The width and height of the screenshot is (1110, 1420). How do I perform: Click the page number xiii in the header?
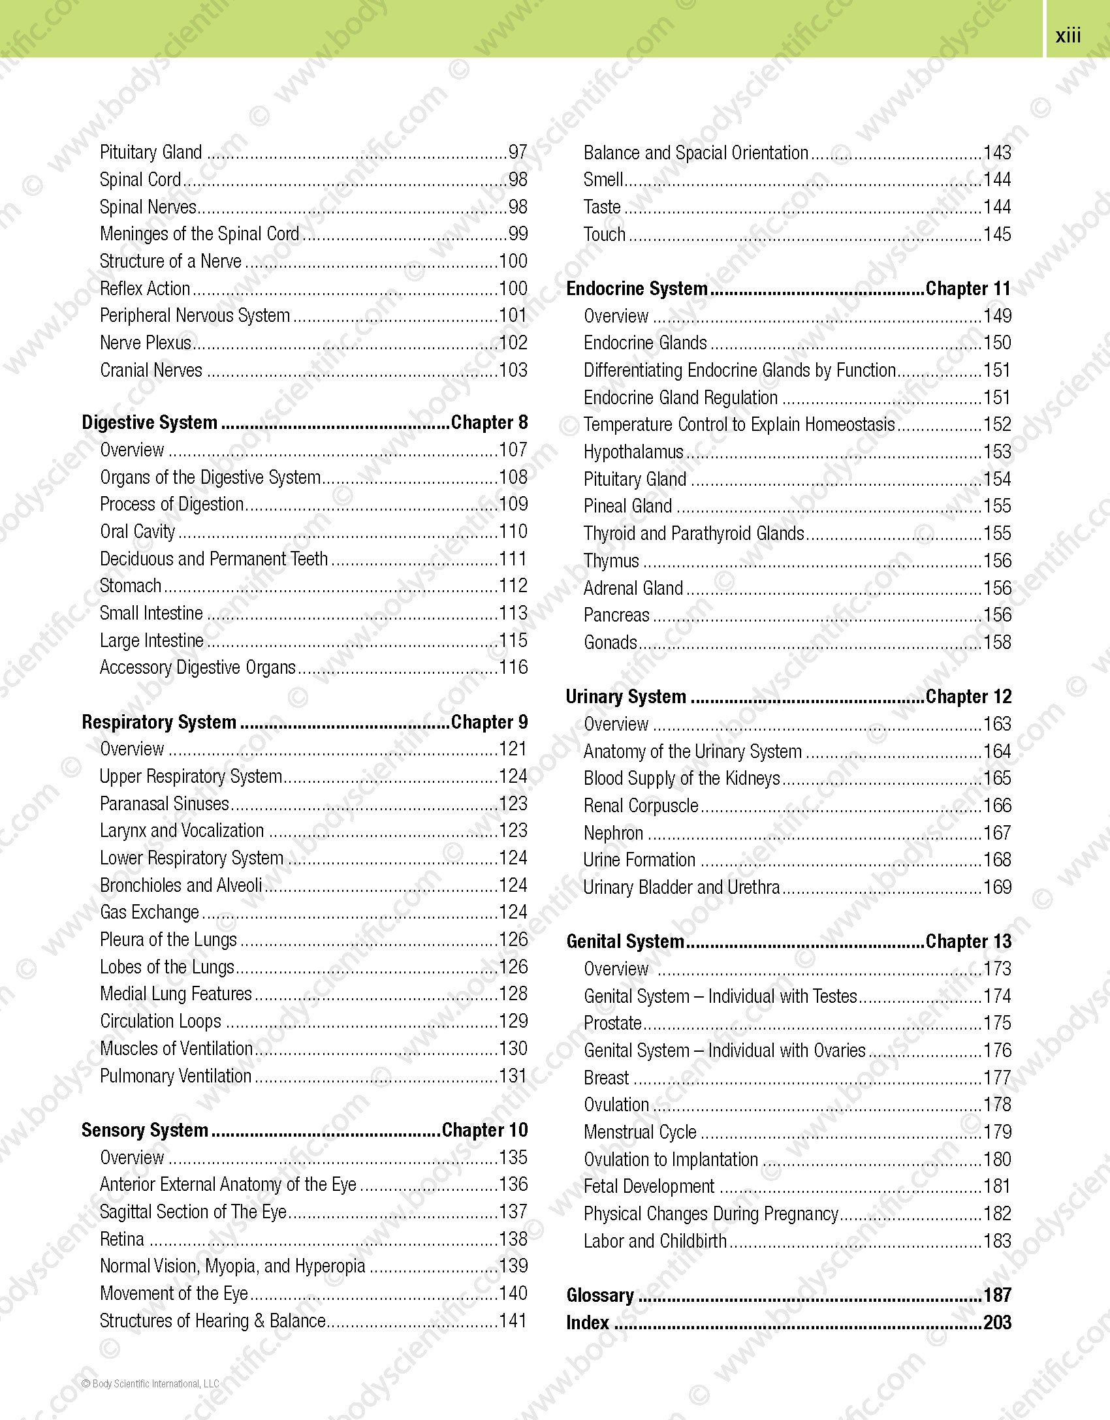[x=1068, y=35]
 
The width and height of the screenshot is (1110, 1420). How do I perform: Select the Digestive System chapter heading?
[x=150, y=423]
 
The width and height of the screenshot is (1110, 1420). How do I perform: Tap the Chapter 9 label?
[x=489, y=722]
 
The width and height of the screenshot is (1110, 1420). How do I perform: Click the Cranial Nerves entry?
[x=151, y=370]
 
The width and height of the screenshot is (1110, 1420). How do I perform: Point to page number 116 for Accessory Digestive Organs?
[x=513, y=667]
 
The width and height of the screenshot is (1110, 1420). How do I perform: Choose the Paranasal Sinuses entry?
[x=165, y=804]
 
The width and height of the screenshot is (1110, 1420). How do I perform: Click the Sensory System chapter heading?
[x=145, y=1130]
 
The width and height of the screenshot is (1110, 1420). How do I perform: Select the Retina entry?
[x=122, y=1239]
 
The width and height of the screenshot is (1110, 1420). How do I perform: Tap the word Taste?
[x=602, y=207]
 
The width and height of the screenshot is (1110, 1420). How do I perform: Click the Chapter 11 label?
[x=968, y=289]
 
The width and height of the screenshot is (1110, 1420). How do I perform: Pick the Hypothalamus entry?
[x=633, y=452]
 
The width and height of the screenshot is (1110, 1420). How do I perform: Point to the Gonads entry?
[x=610, y=642]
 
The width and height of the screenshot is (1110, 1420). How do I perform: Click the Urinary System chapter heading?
[x=626, y=697]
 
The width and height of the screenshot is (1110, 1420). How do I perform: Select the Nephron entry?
[x=614, y=833]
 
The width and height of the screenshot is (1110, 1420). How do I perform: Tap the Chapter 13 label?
[x=968, y=941]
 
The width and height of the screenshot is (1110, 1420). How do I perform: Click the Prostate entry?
[x=612, y=1023]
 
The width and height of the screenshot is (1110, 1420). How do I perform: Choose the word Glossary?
[x=600, y=1295]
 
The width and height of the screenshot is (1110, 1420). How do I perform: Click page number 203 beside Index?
[x=997, y=1323]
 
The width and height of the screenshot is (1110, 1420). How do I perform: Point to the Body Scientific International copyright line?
[x=150, y=1383]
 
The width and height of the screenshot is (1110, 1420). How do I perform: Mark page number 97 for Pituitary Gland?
[x=518, y=152]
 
